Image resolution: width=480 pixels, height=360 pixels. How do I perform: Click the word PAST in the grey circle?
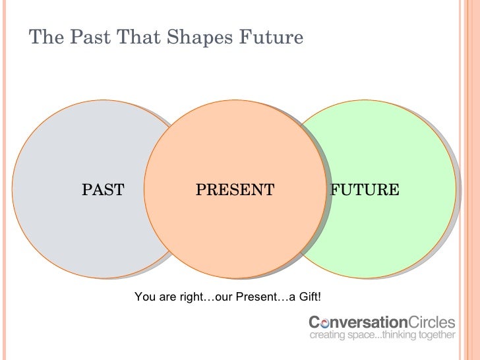click(103, 191)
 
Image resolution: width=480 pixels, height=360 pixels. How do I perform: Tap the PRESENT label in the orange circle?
click(235, 191)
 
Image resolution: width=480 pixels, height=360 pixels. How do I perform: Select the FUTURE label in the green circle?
click(365, 191)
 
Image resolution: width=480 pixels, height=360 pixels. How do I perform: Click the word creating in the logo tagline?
click(328, 336)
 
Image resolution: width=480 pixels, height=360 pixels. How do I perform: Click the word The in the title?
click(44, 38)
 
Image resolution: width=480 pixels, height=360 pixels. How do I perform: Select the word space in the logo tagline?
click(359, 336)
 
